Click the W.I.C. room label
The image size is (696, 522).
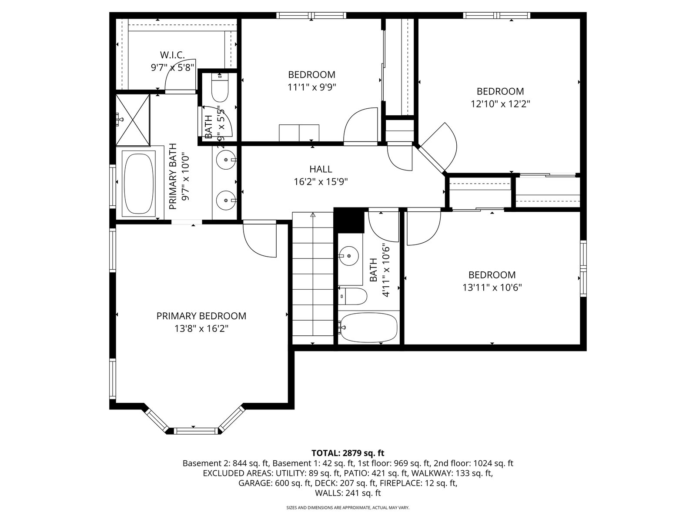pos(172,55)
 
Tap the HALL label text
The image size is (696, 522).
pos(321,169)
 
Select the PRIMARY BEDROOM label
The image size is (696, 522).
pos(201,316)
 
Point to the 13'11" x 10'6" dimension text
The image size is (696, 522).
pos(492,288)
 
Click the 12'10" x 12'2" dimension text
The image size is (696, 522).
pos(500,104)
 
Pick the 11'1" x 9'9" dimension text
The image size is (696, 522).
pos(312,87)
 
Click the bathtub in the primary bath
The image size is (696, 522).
pos(139,184)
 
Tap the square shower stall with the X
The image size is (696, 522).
pos(133,120)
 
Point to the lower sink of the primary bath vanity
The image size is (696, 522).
pos(226,200)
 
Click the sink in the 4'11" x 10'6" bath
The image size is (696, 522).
pos(348,256)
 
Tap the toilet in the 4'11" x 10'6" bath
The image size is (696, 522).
pos(353,296)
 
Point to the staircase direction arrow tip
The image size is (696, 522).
pos(313,213)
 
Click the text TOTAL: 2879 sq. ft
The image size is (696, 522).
pos(348,453)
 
